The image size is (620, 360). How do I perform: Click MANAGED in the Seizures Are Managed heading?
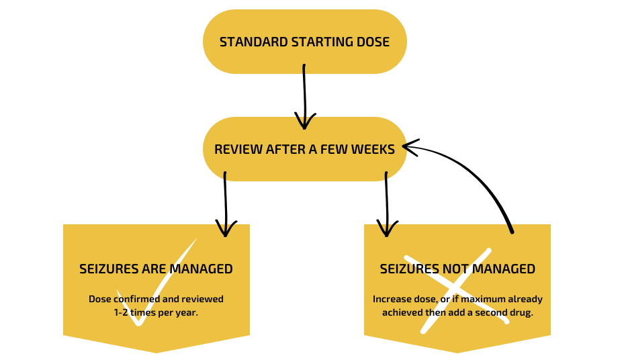click(201, 269)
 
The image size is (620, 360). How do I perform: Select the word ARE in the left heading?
click(154, 269)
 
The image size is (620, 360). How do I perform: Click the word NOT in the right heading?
click(457, 269)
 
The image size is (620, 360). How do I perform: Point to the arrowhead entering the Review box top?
click(304, 122)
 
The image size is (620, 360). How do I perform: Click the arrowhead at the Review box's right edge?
click(404, 146)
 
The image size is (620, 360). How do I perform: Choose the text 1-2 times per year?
click(156, 312)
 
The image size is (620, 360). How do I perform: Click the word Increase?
click(392, 299)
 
